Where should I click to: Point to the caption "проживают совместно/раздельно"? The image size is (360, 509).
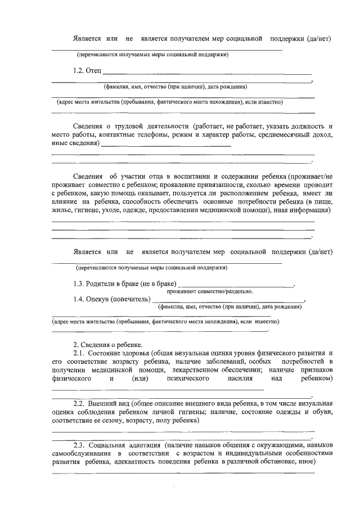point(209,291)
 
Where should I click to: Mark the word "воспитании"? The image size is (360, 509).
point(187,175)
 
